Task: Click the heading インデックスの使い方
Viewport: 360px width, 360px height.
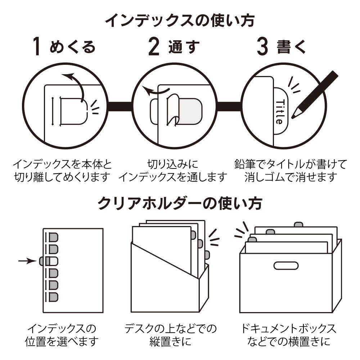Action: [x=180, y=21]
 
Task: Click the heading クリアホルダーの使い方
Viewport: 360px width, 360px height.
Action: [x=180, y=203]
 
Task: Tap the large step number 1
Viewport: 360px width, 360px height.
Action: [x=36, y=47]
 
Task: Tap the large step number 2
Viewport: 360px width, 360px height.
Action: [x=154, y=47]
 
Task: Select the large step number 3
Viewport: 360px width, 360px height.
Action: [x=262, y=47]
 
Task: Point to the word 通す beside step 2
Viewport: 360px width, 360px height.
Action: [x=184, y=47]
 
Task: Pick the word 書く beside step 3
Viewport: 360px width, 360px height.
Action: [x=291, y=47]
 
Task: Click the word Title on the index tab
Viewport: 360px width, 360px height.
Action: [x=279, y=111]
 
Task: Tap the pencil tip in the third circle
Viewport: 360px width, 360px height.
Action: [x=293, y=116]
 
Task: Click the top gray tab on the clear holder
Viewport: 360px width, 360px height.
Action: [x=53, y=237]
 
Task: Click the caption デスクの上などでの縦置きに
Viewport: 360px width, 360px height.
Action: [x=171, y=334]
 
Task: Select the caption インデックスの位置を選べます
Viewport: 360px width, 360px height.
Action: [x=62, y=334]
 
